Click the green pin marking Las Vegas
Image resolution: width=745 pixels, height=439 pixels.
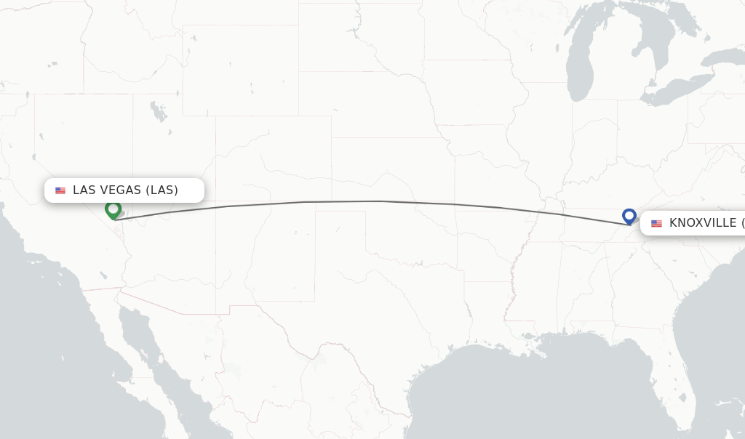pyautogui.click(x=113, y=209)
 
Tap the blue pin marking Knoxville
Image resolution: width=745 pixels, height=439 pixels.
pyautogui.click(x=629, y=216)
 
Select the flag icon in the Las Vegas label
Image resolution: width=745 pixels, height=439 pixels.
pyautogui.click(x=60, y=190)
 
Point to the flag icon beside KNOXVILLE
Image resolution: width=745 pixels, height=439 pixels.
pyautogui.click(x=656, y=223)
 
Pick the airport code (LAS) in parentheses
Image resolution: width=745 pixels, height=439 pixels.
pyautogui.click(x=162, y=190)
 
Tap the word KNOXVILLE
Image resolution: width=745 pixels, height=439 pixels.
pyautogui.click(x=703, y=223)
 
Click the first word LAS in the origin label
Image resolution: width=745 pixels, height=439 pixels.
pyautogui.click(x=84, y=190)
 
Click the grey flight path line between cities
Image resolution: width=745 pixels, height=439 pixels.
pyautogui.click(x=378, y=201)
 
